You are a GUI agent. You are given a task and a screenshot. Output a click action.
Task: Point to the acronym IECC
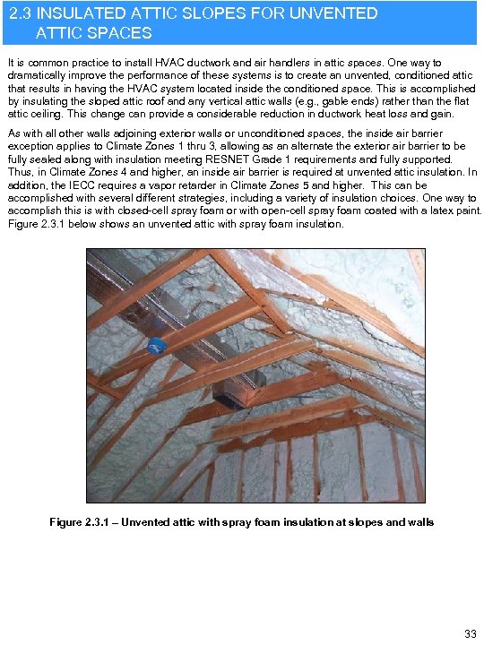(x=88, y=185)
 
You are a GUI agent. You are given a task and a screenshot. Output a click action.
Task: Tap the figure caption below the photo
(x=241, y=522)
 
